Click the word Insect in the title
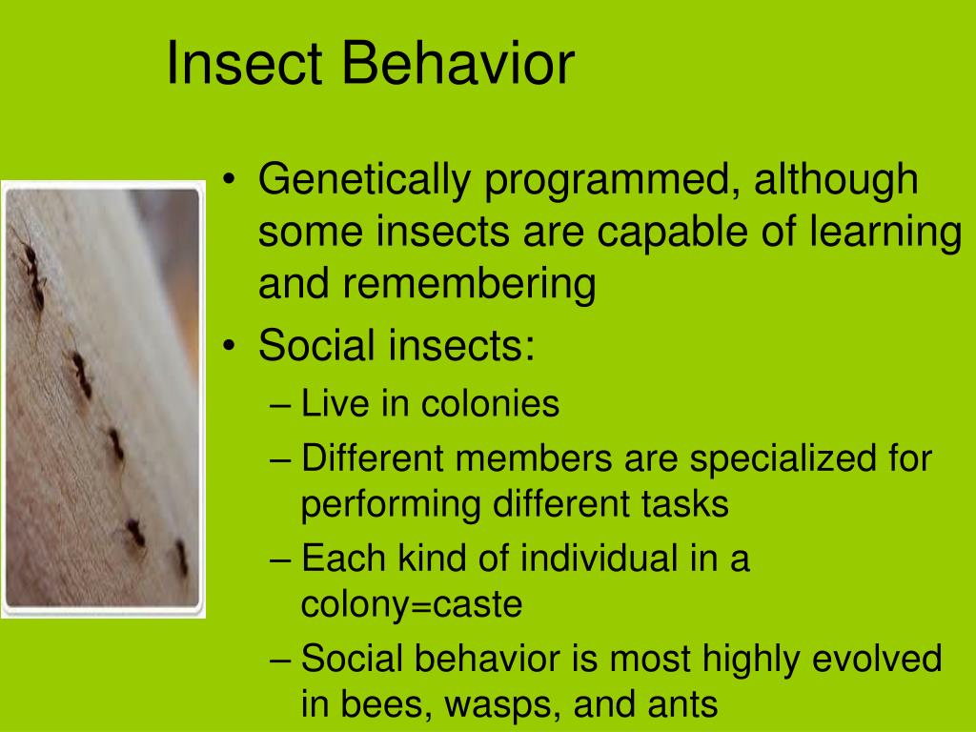click(x=246, y=64)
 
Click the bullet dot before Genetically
click(x=229, y=183)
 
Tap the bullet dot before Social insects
click(x=229, y=347)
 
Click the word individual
click(x=579, y=559)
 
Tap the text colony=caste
click(x=412, y=605)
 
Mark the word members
click(x=535, y=459)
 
